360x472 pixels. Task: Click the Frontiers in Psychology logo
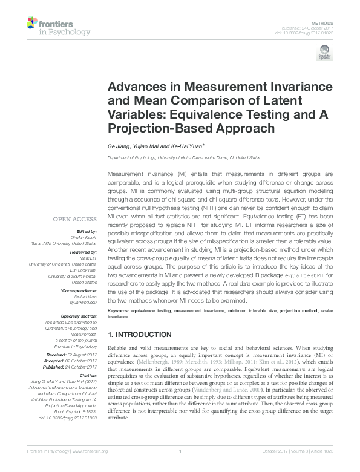tap(58, 27)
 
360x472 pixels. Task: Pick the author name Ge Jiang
tap(117, 146)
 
